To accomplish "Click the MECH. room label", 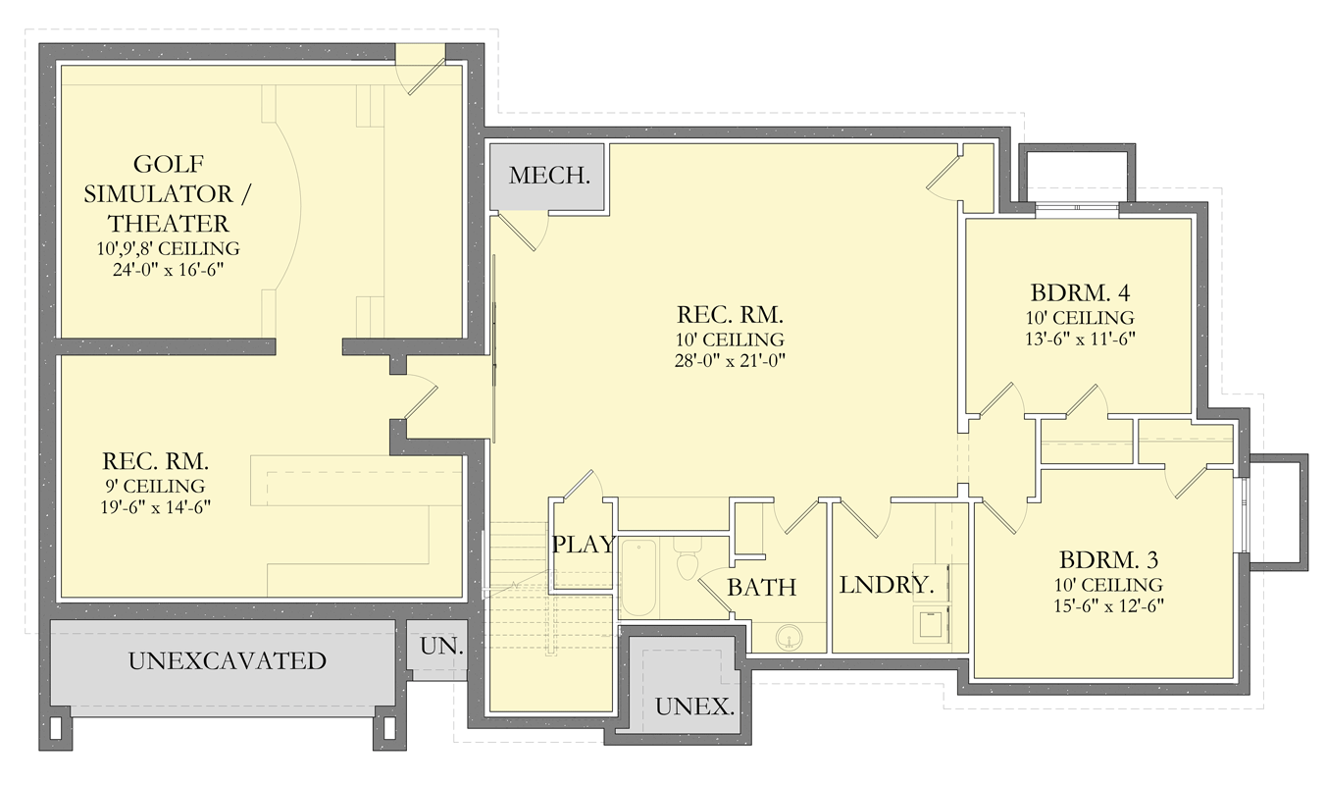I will click(x=549, y=177).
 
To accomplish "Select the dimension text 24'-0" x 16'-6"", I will click(x=169, y=268).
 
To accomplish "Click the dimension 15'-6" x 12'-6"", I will click(x=1109, y=605).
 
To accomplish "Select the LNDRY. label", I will click(x=886, y=586).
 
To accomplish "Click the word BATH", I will click(x=761, y=588).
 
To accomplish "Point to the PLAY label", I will click(x=584, y=545).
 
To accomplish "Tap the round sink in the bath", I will click(x=787, y=640).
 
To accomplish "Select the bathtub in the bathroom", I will click(x=638, y=578).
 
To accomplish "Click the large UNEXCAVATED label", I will click(x=227, y=661).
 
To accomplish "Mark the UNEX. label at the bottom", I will click(x=695, y=706).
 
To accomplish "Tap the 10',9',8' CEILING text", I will click(x=169, y=248).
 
